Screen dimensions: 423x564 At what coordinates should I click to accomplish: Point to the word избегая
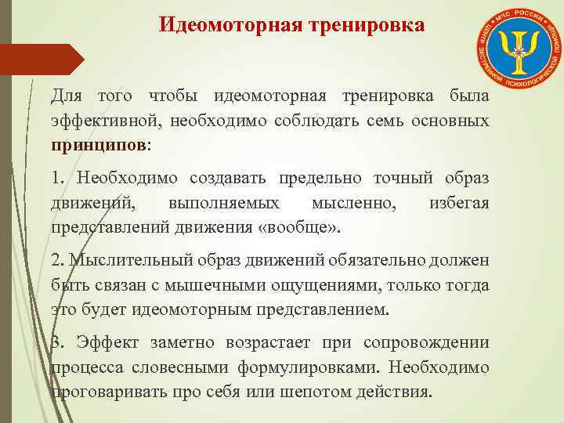click(x=460, y=203)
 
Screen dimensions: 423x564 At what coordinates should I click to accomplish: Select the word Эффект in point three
click(x=109, y=342)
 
